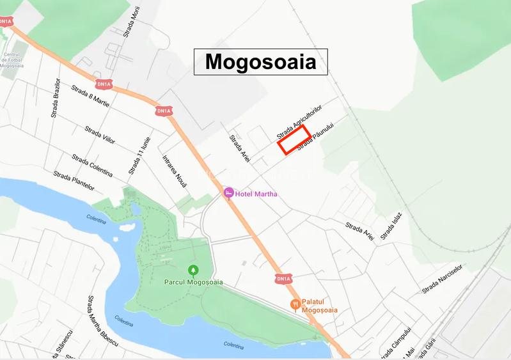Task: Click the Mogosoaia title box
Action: [x=260, y=61]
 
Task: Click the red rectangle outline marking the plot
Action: [x=294, y=139]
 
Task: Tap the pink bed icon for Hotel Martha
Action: [x=228, y=193]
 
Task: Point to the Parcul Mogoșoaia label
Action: [x=193, y=282]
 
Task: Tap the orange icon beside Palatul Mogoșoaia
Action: [x=295, y=304]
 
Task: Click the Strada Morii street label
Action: [x=133, y=21]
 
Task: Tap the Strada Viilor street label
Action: [x=100, y=134]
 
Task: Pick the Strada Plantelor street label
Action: [x=74, y=180]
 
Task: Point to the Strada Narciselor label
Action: [x=441, y=279]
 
